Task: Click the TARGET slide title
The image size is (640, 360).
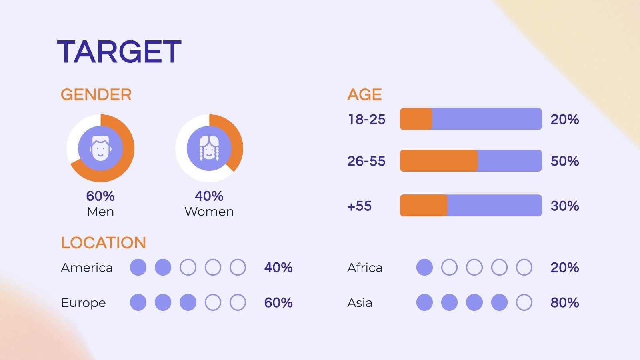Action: coord(119,52)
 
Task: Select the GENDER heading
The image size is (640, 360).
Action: coord(96,94)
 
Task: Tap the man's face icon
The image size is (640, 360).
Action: coord(100,148)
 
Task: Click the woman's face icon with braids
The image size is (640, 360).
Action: coord(209,148)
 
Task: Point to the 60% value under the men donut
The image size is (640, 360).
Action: coord(100,196)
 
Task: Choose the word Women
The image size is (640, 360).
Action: coord(209,212)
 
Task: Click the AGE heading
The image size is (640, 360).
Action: coord(364,94)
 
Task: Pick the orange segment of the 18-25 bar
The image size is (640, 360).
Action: coord(416,119)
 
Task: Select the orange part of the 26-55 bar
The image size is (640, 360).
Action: coord(439,160)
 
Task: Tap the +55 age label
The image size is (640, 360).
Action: coord(360,206)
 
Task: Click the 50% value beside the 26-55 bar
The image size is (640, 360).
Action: coord(564,161)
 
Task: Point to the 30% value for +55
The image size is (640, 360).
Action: coord(564,206)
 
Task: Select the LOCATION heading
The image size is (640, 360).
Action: coord(104,243)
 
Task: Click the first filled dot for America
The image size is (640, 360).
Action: coord(138,267)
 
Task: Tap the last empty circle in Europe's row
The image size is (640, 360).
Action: coord(238,302)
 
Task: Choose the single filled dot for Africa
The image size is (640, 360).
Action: coord(424,267)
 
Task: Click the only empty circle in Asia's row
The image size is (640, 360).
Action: coord(524,302)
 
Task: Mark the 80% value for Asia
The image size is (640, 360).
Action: coord(564,302)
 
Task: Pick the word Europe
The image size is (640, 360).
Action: coord(84,303)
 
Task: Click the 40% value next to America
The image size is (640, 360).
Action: coord(278,268)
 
